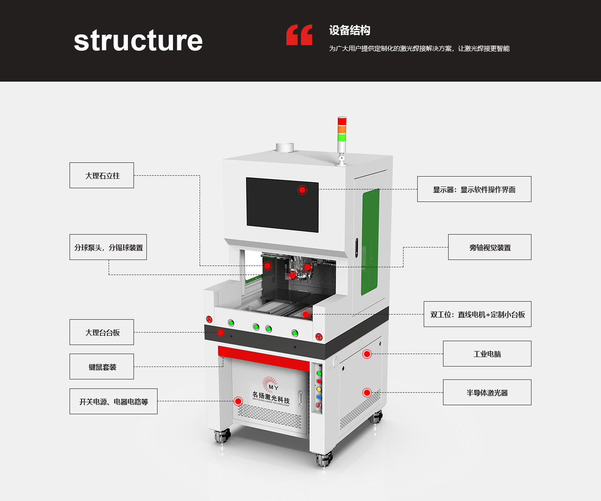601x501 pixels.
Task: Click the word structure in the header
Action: [138, 41]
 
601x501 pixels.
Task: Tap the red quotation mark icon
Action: [299, 35]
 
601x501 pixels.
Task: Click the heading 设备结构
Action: [349, 31]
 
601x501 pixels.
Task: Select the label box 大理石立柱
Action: [102, 175]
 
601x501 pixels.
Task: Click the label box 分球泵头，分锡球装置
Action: [108, 247]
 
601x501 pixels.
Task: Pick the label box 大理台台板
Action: [102, 332]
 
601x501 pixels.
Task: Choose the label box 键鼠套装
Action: [102, 367]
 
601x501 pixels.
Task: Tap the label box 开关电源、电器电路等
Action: [113, 401]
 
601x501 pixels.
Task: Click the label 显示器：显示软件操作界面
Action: [474, 189]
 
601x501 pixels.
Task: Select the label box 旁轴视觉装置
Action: [489, 247]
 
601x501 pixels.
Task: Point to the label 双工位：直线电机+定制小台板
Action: [477, 314]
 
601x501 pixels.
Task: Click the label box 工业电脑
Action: [487, 354]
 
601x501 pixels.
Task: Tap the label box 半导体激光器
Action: [487, 392]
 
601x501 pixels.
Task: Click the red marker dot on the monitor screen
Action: [302, 190]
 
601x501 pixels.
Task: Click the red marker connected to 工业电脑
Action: [367, 354]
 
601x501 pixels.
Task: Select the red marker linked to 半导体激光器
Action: [367, 392]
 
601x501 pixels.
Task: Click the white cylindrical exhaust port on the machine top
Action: [285, 147]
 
